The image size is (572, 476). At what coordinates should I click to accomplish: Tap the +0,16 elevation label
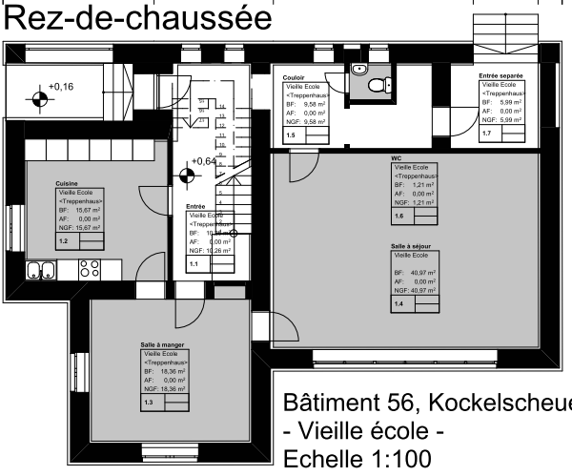[x=61, y=87]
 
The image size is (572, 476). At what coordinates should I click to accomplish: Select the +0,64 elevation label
[x=204, y=161]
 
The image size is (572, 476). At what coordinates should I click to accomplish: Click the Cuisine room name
[x=67, y=182]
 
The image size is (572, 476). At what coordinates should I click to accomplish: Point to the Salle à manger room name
[x=149, y=345]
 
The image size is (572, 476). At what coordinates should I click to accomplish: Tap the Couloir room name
[x=295, y=76]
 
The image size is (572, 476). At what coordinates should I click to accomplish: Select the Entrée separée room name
[x=501, y=73]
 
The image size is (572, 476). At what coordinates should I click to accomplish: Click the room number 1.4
[x=398, y=303]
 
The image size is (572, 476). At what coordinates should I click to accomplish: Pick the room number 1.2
[x=64, y=242]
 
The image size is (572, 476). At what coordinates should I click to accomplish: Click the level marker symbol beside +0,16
[x=38, y=98]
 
